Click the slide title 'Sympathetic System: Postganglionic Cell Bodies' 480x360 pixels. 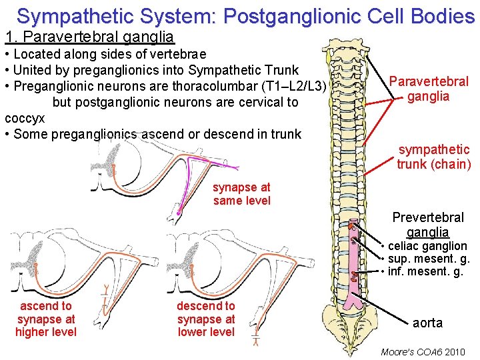[245, 16]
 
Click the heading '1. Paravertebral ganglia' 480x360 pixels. [89, 37]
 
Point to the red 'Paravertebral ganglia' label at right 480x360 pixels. [429, 89]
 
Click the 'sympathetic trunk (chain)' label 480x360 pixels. [433, 157]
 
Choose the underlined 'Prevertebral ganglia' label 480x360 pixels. [428, 225]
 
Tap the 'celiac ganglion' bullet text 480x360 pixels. [427, 246]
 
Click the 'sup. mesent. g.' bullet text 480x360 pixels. [429, 259]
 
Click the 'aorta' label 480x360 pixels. [427, 323]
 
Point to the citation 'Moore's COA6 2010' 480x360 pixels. [422, 351]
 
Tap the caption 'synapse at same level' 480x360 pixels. [241, 194]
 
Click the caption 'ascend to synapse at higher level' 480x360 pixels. [46, 319]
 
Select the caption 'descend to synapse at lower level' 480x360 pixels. [205, 319]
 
